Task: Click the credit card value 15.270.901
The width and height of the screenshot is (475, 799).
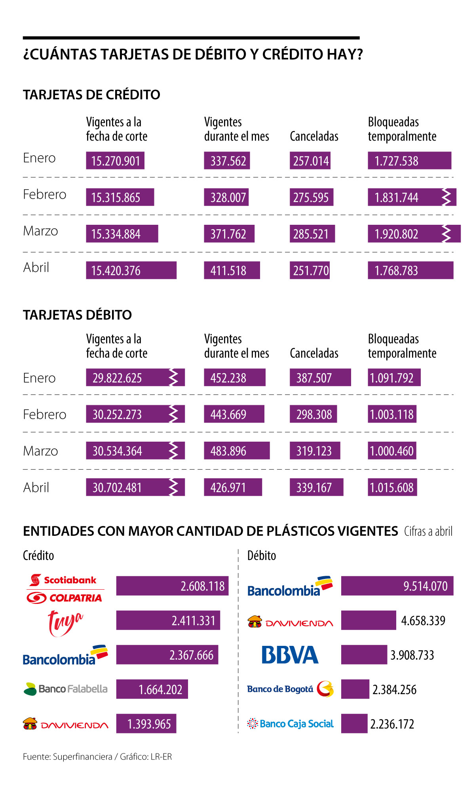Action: (x=115, y=161)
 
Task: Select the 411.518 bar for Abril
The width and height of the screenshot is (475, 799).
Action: (x=232, y=270)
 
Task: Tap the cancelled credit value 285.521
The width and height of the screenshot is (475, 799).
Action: (x=312, y=234)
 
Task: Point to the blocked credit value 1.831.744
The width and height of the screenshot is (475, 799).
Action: (x=397, y=197)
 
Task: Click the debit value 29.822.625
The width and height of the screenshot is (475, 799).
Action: (x=117, y=378)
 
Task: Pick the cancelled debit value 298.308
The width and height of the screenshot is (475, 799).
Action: (x=313, y=414)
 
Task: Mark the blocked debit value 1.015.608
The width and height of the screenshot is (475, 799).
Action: (x=392, y=487)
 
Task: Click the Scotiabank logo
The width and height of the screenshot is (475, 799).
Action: (x=63, y=580)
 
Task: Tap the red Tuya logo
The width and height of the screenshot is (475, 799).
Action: (x=65, y=622)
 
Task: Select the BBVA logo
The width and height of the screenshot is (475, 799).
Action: (x=290, y=655)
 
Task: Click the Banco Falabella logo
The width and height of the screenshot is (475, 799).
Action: (x=66, y=689)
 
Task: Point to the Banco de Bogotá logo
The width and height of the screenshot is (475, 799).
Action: (x=290, y=689)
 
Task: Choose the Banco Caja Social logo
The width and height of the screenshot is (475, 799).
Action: (x=290, y=724)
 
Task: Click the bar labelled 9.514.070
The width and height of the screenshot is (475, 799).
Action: (x=397, y=586)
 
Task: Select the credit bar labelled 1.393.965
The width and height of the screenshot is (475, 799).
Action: (x=146, y=724)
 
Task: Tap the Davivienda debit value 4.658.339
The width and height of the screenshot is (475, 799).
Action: (x=423, y=621)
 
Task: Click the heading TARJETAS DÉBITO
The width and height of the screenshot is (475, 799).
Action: (x=77, y=315)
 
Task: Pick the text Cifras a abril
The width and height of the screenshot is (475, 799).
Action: (x=428, y=531)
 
